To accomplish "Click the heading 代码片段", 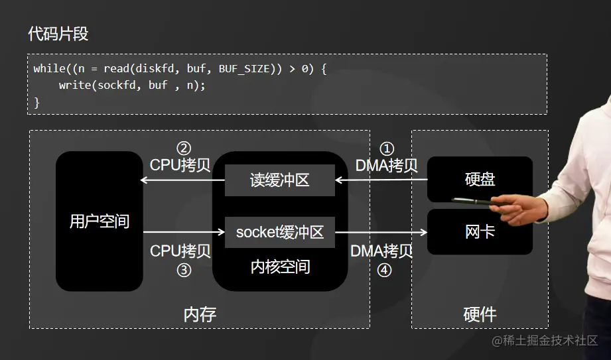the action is [x=58, y=34].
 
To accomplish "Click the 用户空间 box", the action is [x=100, y=221].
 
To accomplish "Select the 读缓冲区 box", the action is [x=279, y=180].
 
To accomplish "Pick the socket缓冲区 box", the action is [x=279, y=232].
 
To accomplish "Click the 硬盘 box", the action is [x=480, y=180].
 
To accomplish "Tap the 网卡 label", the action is [x=480, y=232].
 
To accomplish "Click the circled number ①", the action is [x=386, y=149].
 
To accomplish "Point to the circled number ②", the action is [x=184, y=149].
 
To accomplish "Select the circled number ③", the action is [x=184, y=270].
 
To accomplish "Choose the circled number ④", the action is [x=385, y=270].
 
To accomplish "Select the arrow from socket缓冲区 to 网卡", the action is [x=381, y=232].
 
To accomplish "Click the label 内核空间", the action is [x=280, y=267].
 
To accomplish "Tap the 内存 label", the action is [x=200, y=314].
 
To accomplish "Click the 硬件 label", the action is [x=480, y=314].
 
